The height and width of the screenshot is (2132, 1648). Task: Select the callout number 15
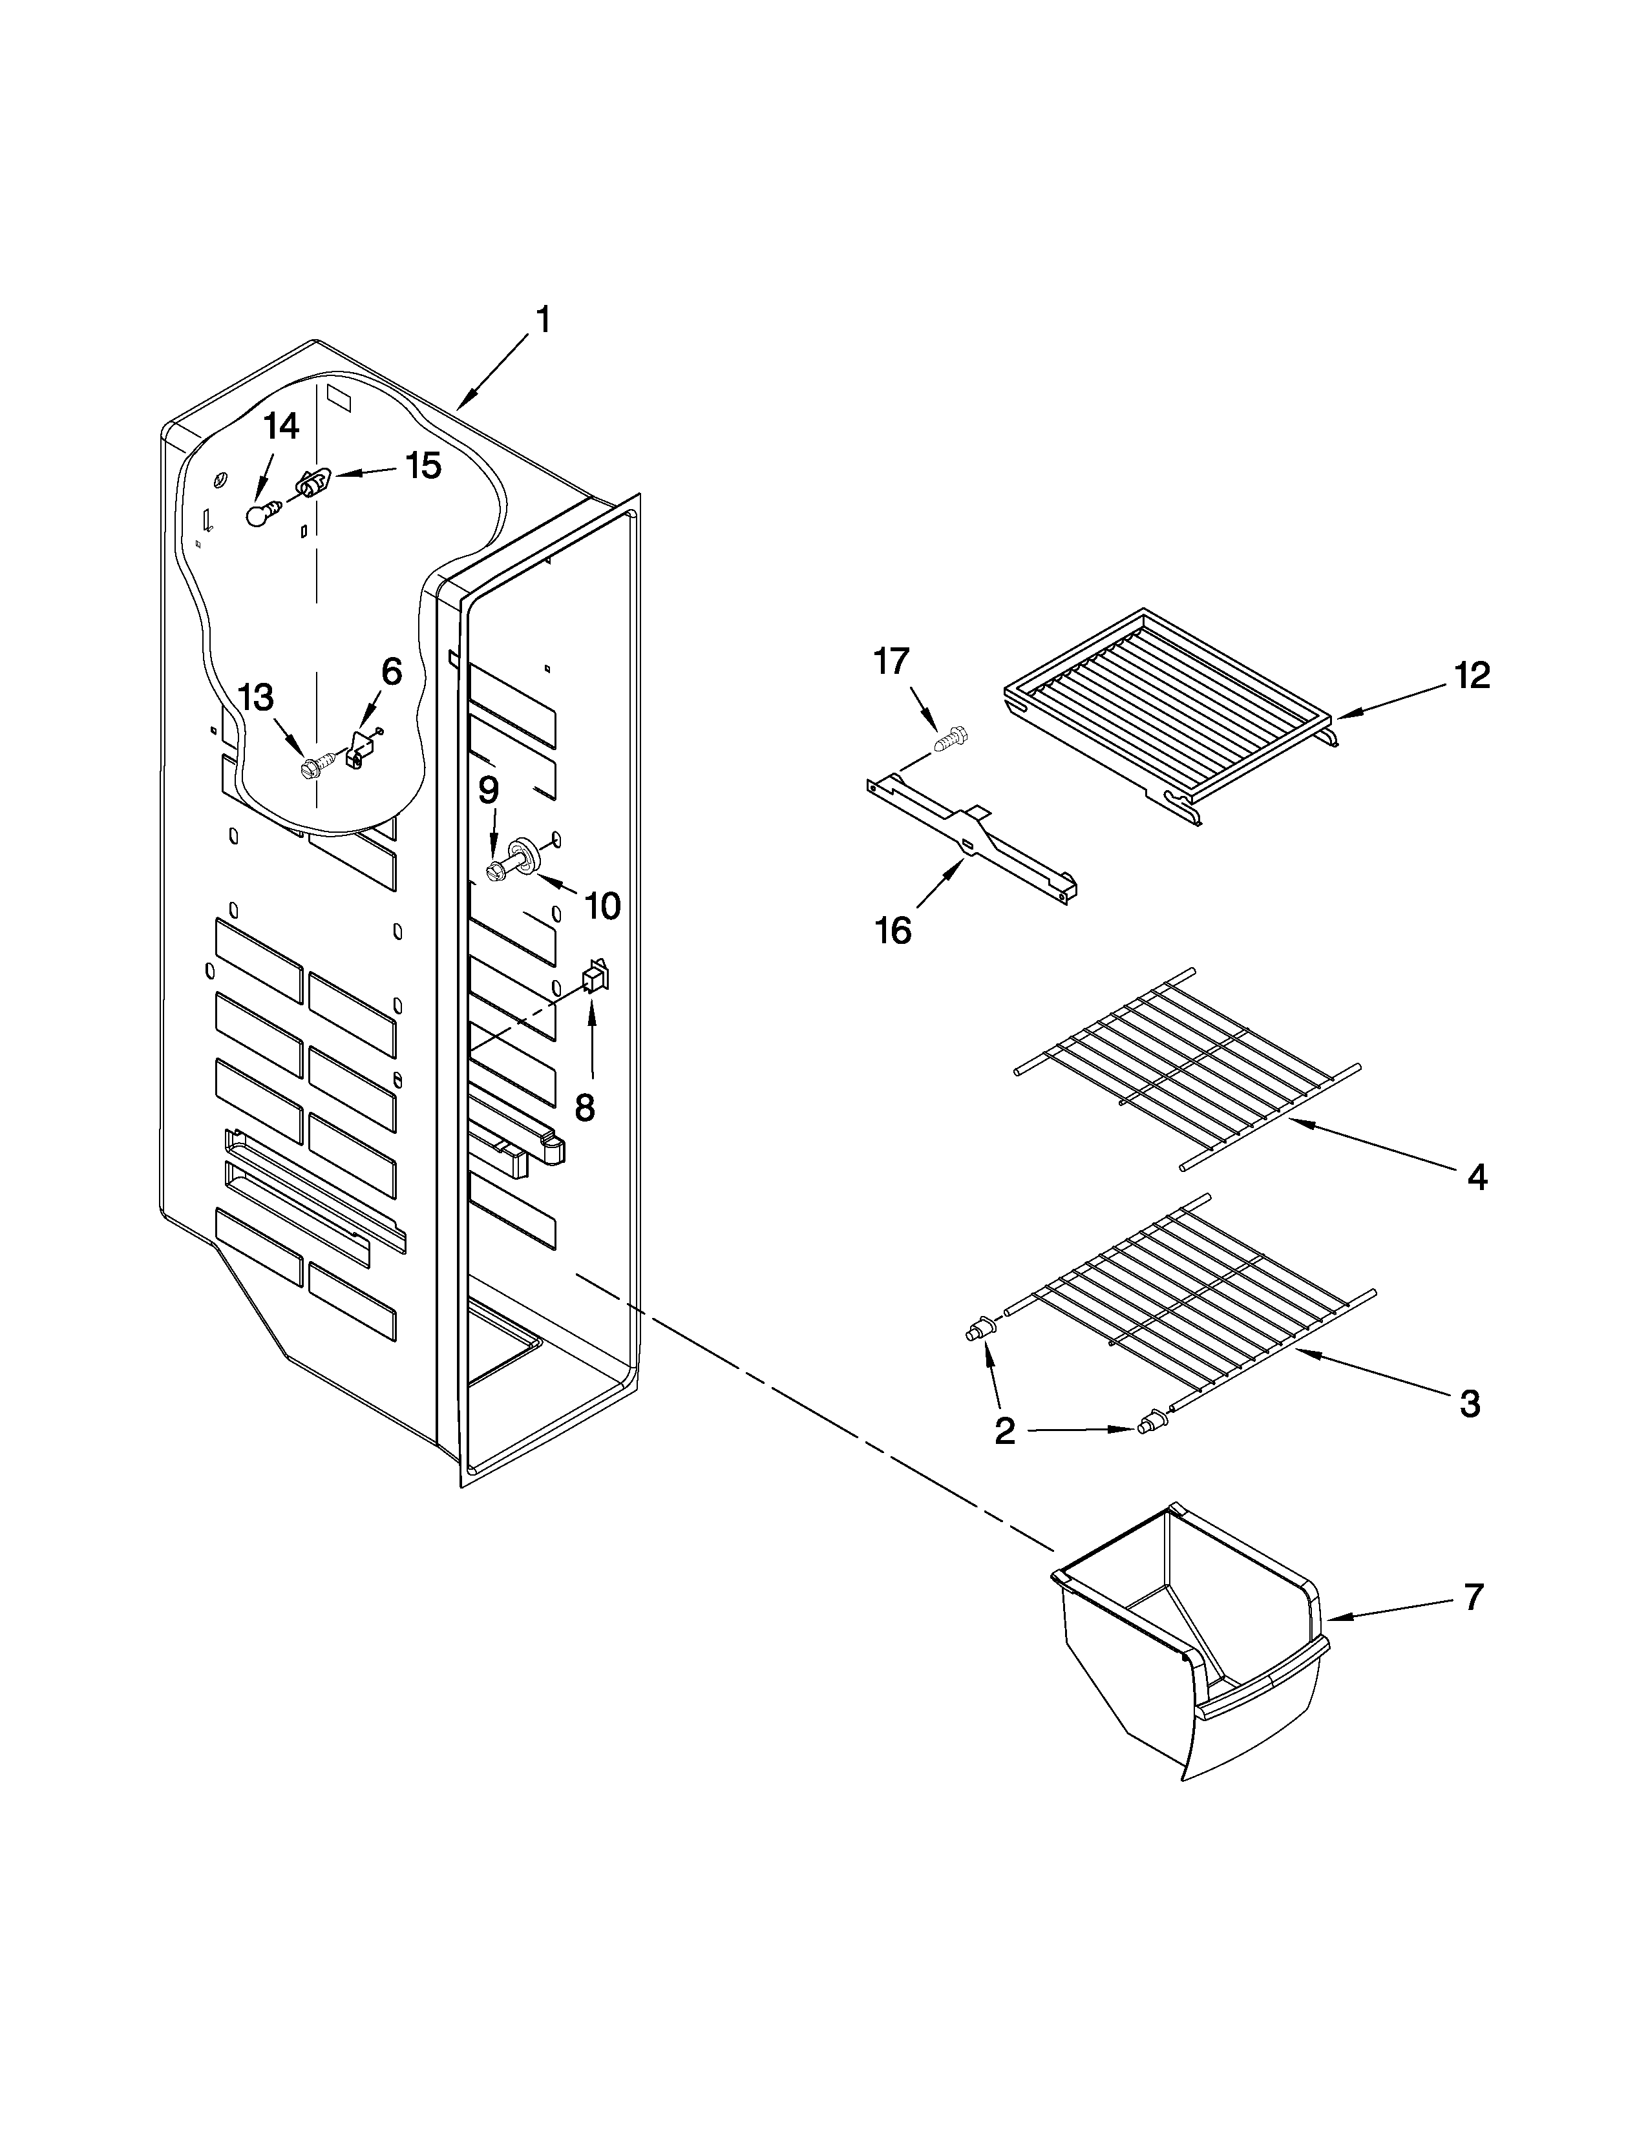(x=423, y=466)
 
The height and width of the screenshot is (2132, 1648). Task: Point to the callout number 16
(x=893, y=930)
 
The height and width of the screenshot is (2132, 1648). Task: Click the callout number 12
(x=1472, y=676)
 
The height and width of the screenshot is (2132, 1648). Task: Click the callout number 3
(x=1470, y=1405)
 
